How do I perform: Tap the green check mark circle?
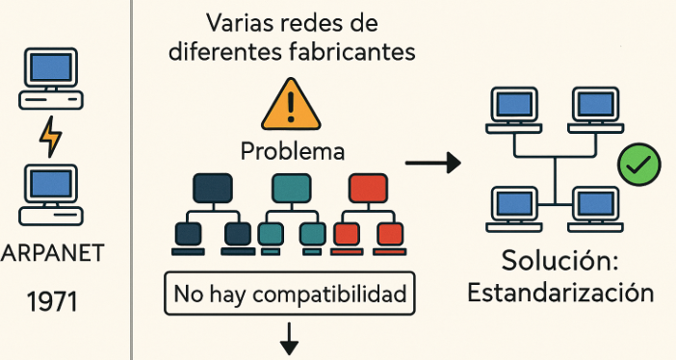click(x=637, y=166)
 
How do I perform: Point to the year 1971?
click(x=53, y=303)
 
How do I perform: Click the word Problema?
click(x=292, y=151)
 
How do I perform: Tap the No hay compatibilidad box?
click(x=291, y=294)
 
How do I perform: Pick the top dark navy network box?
click(x=213, y=186)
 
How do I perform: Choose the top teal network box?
click(x=290, y=186)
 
